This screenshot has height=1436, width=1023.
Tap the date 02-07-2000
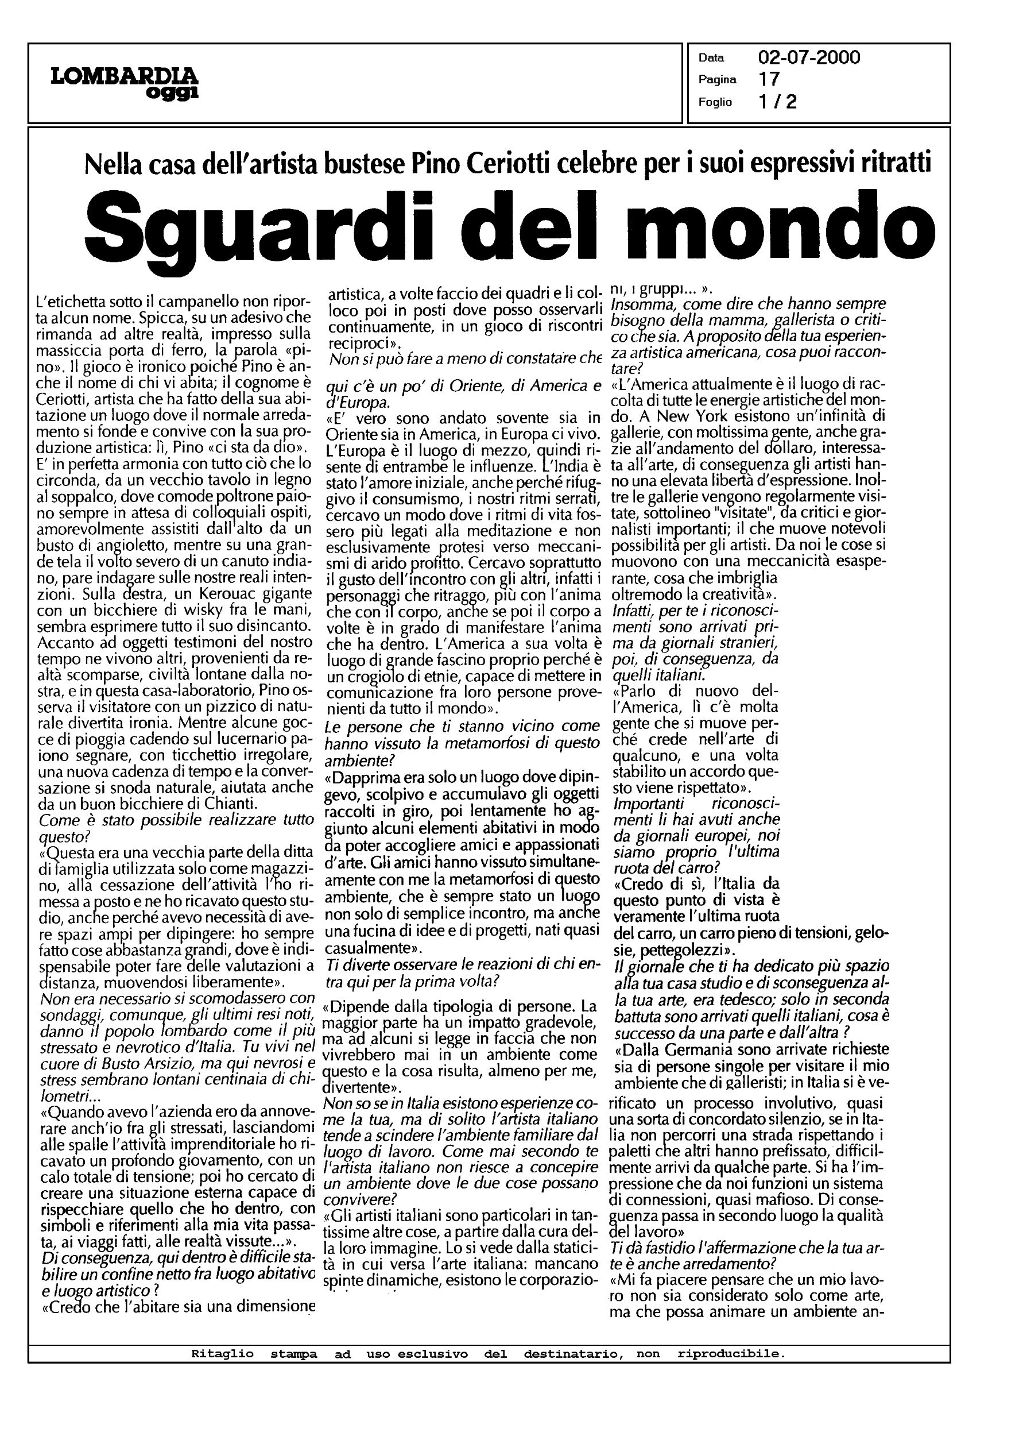tap(809, 58)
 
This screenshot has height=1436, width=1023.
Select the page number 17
tap(769, 79)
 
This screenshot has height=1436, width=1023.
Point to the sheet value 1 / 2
tap(778, 102)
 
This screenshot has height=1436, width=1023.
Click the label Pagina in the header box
tap(717, 80)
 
